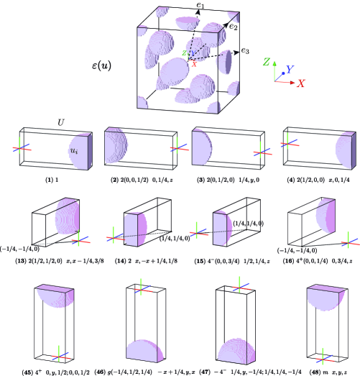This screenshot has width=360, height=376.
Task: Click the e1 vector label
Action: click(200, 5)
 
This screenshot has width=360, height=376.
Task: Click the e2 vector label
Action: click(234, 27)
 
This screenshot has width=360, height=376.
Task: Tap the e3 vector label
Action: click(245, 50)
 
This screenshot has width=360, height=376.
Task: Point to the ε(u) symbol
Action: click(101, 65)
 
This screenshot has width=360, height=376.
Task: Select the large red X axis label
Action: click(300, 83)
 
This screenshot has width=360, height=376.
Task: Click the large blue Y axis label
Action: click(290, 69)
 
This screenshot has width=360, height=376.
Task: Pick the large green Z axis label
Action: click(267, 62)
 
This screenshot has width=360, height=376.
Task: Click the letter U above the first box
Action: click(61, 122)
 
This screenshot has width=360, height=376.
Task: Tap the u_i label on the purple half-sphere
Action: click(74, 151)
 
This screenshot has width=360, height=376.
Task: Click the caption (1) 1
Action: click(52, 180)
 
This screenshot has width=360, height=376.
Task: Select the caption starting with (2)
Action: click(142, 180)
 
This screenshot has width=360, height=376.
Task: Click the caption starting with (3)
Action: click(228, 180)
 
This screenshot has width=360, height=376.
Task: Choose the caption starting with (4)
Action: click(318, 180)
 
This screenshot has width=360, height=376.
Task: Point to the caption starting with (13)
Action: click(60, 261)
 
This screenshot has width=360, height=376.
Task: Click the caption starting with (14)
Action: click(146, 261)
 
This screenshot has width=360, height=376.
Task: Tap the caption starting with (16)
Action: click(318, 261)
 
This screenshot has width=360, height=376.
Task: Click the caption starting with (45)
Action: click(55, 372)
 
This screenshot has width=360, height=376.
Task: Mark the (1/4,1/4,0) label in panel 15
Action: click(249, 224)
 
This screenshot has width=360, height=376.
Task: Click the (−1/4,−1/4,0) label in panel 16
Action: click(297, 250)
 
